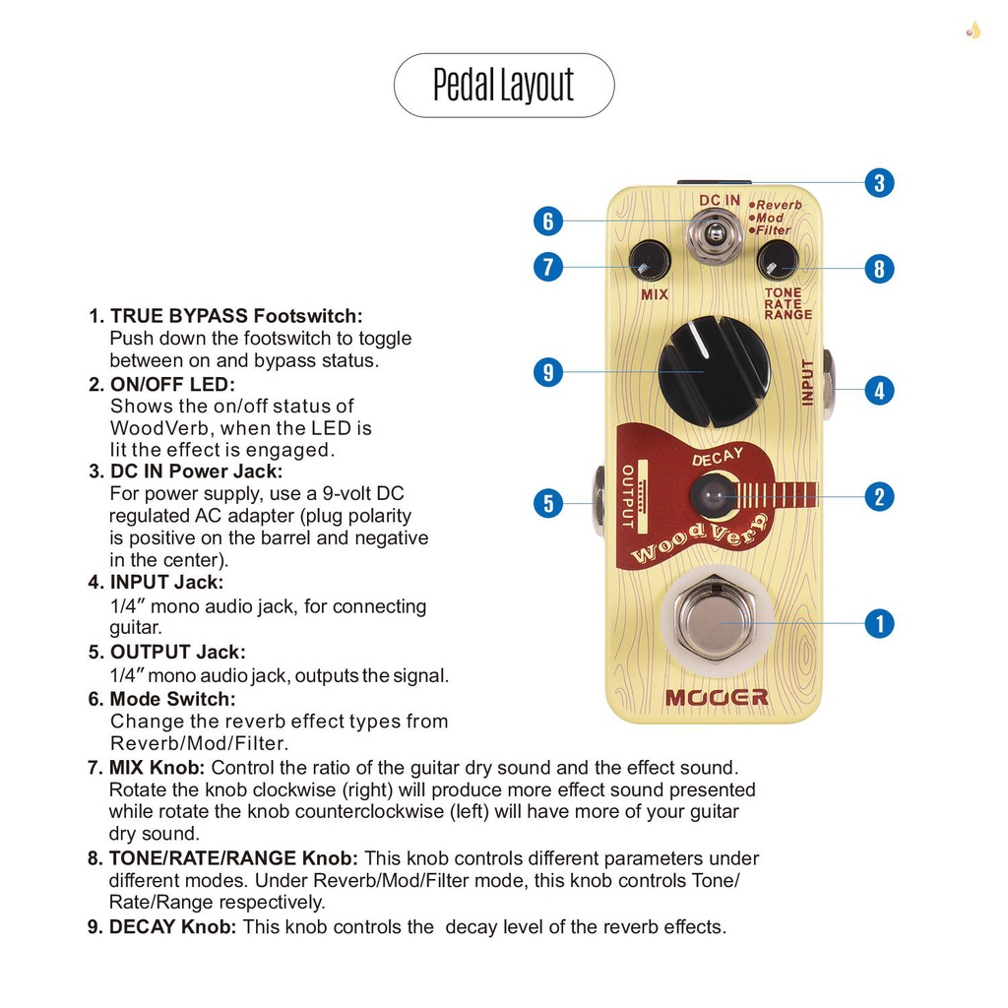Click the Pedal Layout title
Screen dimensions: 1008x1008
coord(503,86)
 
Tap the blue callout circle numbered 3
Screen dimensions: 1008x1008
coord(879,182)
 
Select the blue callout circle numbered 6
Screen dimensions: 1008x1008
coord(548,220)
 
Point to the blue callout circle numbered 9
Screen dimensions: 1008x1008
coord(548,372)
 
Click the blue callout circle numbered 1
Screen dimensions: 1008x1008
coord(879,623)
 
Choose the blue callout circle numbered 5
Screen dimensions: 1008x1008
coord(548,504)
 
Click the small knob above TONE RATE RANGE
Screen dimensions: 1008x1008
coord(778,261)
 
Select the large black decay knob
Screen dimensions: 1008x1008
coord(714,371)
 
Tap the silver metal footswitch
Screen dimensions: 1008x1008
coord(715,622)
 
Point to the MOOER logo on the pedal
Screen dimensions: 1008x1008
coord(716,697)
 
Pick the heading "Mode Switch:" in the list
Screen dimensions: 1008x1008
coord(172,699)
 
